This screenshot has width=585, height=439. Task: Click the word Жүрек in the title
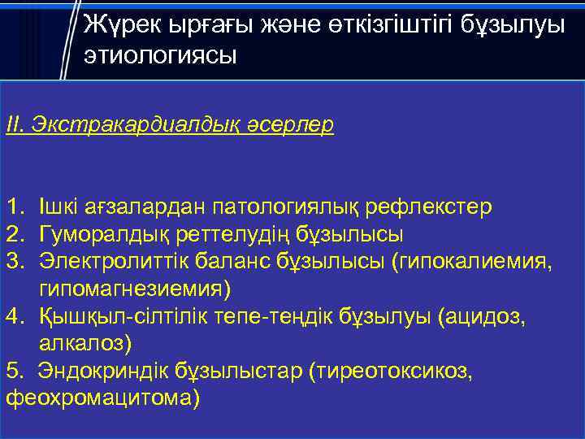tap(123, 24)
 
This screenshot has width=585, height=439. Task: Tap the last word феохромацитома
tap(102, 398)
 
